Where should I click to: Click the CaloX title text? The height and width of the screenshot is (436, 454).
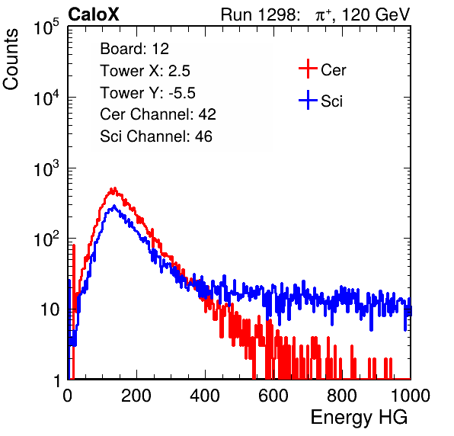pos(94,14)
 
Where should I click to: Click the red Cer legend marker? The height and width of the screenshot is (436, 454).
pos(308,69)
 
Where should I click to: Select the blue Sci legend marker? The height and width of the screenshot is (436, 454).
pos(308,100)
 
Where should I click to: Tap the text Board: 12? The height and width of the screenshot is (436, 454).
pos(134,49)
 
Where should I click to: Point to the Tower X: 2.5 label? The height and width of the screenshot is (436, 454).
pos(145,71)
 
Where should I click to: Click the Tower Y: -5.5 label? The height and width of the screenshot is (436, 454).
pos(148,93)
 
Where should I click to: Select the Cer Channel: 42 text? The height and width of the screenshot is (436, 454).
pos(158,114)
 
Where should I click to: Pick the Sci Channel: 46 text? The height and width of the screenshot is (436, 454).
pos(156,136)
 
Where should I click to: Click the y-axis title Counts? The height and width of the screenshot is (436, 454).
pos(11,59)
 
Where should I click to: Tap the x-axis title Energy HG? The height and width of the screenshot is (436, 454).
pos(359,418)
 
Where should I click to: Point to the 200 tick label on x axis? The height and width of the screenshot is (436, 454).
pos(136,396)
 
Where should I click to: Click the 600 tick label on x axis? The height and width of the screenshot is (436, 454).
pos(273,396)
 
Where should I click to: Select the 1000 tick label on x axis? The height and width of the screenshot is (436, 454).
pos(411,396)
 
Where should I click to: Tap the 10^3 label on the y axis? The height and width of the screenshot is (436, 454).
pos(47,168)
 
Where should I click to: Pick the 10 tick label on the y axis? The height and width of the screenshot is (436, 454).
pos(50,310)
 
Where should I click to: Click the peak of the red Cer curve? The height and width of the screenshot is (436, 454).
pos(115,188)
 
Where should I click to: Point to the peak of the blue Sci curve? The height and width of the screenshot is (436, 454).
pos(114,206)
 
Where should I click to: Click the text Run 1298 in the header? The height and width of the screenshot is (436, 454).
pos(258,14)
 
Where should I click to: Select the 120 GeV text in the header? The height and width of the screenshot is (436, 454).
pos(376,14)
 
